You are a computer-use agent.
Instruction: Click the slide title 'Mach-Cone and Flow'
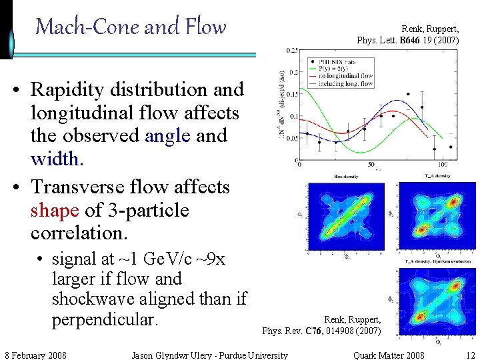point(131,27)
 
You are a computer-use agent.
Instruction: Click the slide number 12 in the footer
point(471,355)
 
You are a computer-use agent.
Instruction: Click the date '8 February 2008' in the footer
point(35,355)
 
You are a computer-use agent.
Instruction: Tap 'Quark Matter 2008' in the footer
point(389,355)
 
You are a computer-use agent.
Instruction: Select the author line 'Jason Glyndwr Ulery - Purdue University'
point(210,355)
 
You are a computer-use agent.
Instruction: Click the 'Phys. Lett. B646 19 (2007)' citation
point(408,41)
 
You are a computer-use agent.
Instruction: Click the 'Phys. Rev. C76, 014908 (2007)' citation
point(322,331)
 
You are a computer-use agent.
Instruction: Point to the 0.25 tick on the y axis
point(292,51)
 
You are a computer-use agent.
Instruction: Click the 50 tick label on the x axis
point(371,165)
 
